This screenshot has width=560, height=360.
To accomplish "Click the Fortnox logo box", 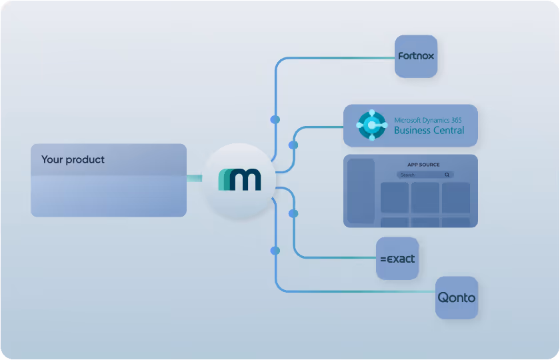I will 416,57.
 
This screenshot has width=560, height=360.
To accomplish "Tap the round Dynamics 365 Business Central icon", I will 372,125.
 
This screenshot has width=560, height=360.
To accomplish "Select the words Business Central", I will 429,131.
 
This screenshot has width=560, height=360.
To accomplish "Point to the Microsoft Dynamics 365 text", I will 427,120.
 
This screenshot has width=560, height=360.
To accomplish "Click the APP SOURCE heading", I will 423,165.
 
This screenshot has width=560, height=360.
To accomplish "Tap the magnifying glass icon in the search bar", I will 447,175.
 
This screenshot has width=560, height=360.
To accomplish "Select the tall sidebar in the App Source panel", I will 361,191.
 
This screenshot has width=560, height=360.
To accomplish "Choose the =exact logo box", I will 397,258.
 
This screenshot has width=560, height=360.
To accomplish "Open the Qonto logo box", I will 457,297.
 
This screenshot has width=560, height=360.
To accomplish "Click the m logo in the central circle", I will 240,179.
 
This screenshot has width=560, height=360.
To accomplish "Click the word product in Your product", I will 85,160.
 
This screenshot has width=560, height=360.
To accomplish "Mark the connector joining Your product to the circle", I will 195,178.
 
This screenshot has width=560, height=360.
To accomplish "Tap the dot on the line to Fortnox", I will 275,119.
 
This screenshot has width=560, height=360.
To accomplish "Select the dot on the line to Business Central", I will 293,145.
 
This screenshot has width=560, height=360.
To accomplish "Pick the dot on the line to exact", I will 293,213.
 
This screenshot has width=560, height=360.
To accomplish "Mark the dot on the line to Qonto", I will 275,251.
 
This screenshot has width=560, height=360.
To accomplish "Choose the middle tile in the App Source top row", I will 425,197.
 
